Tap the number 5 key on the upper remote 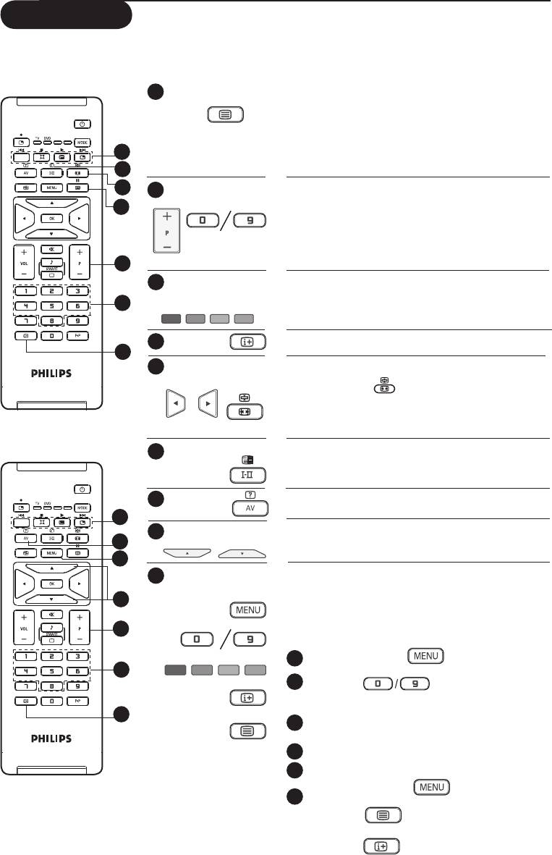51,306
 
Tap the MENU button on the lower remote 51,554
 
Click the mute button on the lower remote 51,614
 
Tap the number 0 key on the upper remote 51,336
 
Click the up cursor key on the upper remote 51,202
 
